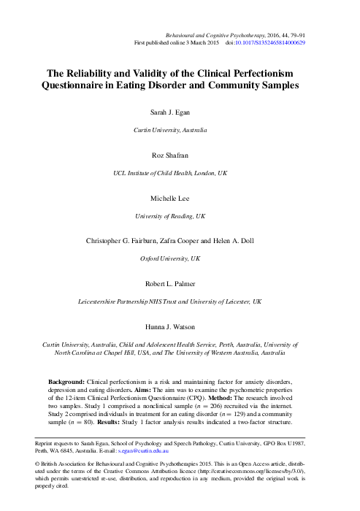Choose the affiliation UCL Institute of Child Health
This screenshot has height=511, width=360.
pos(152,174)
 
